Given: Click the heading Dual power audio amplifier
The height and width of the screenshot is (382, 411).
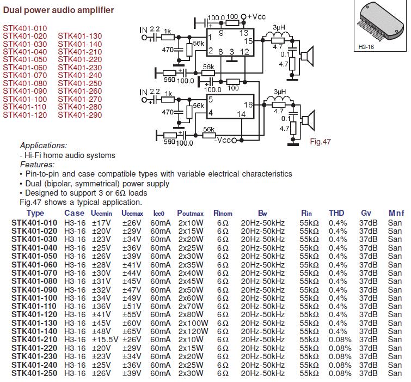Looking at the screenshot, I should tap(59, 10).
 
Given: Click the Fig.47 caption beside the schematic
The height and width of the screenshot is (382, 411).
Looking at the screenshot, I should tap(320, 142).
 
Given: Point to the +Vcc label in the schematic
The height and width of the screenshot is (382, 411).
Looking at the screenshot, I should tap(256, 17).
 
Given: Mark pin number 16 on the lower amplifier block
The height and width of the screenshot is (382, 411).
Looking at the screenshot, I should tap(248, 104).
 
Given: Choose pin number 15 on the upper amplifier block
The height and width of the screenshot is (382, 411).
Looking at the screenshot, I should tap(248, 41).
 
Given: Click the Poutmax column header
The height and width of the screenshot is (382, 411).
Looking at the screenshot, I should tap(191, 213).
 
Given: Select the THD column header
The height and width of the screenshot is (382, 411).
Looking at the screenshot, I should tap(337, 213).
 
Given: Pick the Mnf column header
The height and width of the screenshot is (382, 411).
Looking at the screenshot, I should tap(396, 213).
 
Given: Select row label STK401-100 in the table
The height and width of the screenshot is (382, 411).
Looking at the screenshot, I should tap(34, 298).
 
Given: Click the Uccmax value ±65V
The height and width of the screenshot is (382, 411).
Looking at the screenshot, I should tap(132, 331).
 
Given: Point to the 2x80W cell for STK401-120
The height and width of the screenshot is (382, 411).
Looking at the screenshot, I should tap(191, 314).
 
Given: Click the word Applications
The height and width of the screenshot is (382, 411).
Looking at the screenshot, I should tap(43, 145).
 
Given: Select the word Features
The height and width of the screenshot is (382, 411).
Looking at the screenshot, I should tap(37, 164).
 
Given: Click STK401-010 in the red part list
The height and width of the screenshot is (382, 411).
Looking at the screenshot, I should tap(25, 28).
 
